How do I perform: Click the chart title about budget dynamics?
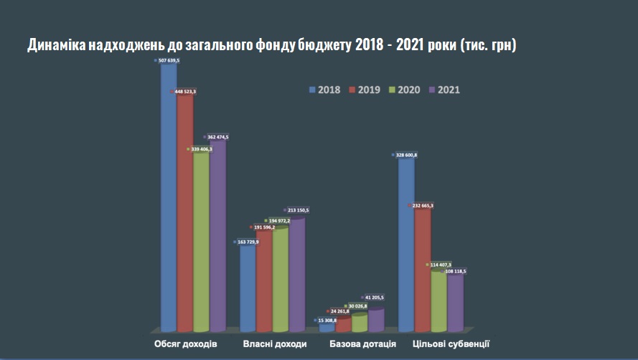pyautogui.click(x=272, y=45)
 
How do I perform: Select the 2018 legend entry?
pyautogui.click(x=324, y=90)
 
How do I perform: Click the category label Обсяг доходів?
pyautogui.click(x=185, y=344)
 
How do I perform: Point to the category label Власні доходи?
pyautogui.click(x=274, y=344)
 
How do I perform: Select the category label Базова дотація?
pyautogui.click(x=363, y=344)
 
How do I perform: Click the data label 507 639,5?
pyautogui.click(x=169, y=61)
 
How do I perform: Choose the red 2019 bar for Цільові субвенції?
pyautogui.click(x=423, y=273)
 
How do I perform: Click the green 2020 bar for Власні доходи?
pyautogui.click(x=280, y=280)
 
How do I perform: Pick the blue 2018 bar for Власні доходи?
pyautogui.click(x=248, y=287)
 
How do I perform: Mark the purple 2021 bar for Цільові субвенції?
pyautogui.click(x=456, y=301)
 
